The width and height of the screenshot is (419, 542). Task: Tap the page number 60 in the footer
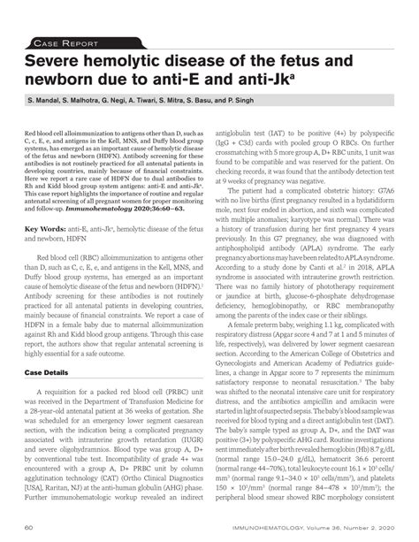(x=29, y=528)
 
